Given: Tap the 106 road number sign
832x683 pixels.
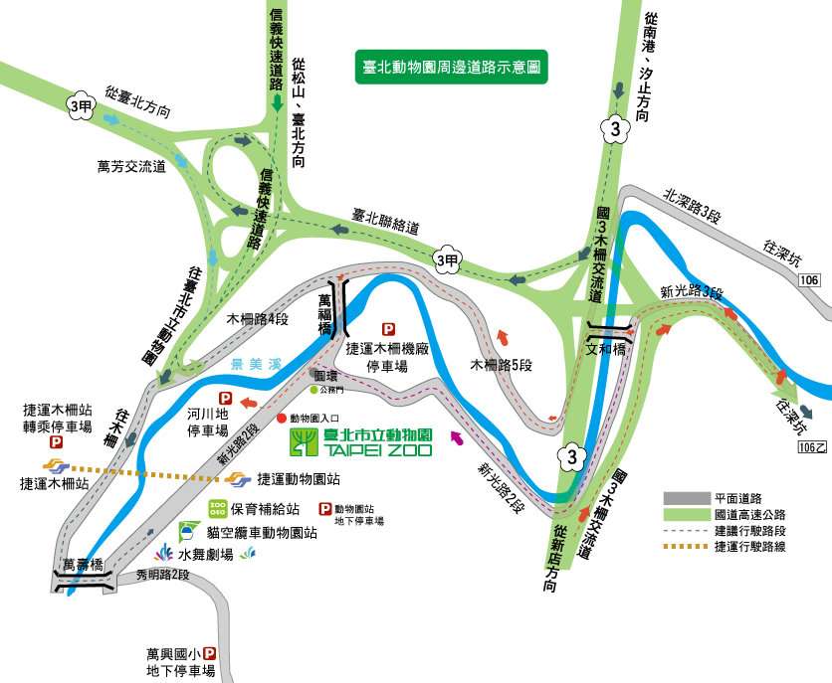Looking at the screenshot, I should (809, 280).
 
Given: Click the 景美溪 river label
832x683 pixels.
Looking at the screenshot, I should (251, 364).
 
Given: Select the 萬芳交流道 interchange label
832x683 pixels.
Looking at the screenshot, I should (131, 166).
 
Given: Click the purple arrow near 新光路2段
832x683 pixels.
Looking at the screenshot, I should (457, 437).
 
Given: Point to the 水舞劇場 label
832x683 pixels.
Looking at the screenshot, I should (207, 553).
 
